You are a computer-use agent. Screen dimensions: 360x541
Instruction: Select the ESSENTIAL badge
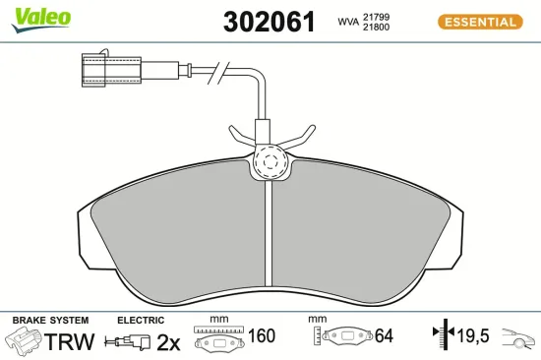pyautogui.click(x=480, y=22)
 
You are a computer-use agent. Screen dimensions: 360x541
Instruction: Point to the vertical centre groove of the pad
pyautogui.click(x=269, y=236)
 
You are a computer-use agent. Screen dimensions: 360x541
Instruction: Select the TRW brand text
pyautogui.click(x=71, y=341)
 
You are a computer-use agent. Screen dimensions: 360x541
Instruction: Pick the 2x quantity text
pyautogui.click(x=168, y=341)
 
